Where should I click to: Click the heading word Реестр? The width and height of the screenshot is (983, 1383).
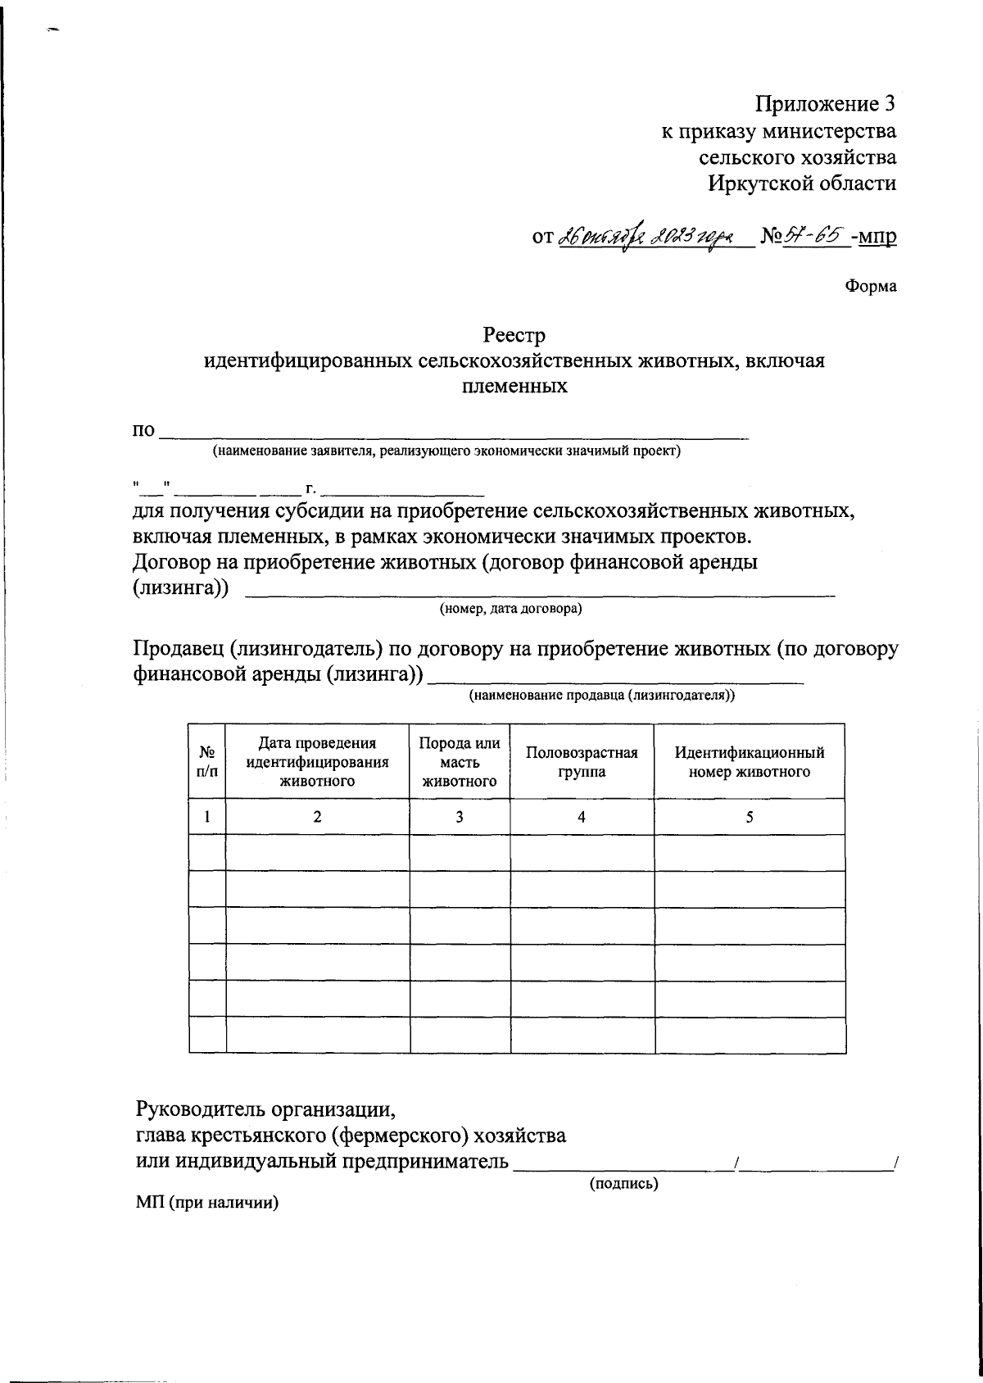pos(514,335)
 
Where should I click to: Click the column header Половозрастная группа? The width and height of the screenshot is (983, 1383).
pos(582,761)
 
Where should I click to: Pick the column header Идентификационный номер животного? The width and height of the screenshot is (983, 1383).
pos(750,761)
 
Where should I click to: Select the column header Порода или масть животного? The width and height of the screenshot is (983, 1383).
pos(460,761)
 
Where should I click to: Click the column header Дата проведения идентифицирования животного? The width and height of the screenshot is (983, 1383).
pos(317,761)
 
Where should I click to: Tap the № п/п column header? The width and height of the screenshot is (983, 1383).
pos(207,761)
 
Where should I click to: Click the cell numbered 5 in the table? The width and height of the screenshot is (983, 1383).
pos(750,817)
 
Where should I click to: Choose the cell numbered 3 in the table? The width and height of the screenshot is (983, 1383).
pos(460,817)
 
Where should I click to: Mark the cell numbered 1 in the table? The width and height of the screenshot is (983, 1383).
pos(207,817)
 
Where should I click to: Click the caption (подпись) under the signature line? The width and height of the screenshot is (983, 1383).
pos(624,1183)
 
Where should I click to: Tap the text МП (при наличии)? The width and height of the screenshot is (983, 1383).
pos(207,1204)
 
